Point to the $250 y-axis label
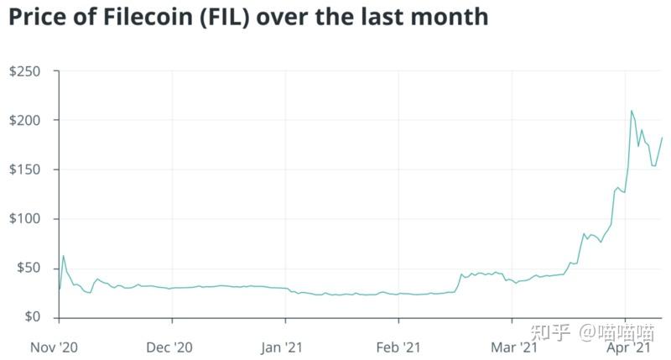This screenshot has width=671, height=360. coord(25,71)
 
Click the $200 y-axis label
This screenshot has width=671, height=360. coord(25,121)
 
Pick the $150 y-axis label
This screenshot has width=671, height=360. coord(25,170)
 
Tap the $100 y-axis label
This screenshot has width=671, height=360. coord(25,219)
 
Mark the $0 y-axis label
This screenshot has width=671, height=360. coord(32,317)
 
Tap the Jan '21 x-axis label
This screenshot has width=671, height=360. coord(286,345)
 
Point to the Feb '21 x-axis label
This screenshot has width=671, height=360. coord(398,345)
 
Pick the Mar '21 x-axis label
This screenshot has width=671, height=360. coord(513,345)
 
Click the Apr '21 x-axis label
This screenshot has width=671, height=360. coord(626,345)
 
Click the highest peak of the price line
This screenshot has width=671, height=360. coord(632,111)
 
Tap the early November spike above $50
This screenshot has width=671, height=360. coord(63,256)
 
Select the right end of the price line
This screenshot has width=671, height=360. coord(662,138)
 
